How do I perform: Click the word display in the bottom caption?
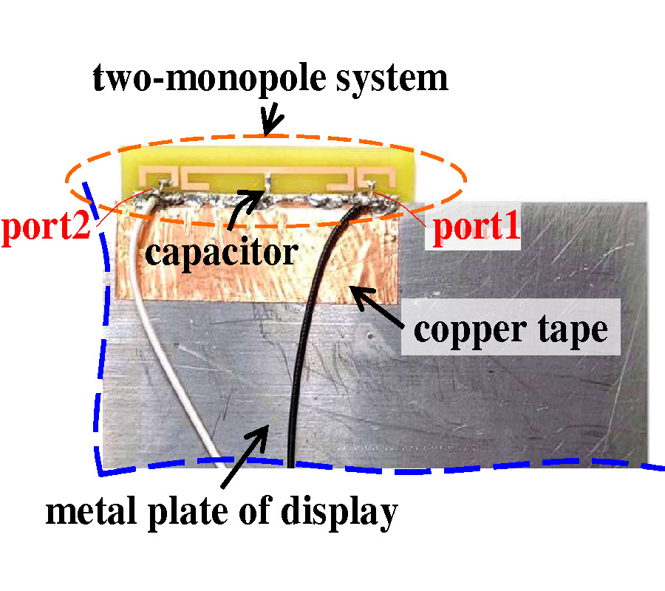point(341,511)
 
